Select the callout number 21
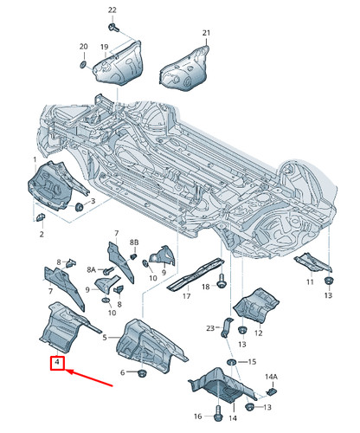click(206, 33)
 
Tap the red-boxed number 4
click(56, 362)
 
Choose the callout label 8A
click(92, 269)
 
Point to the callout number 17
click(185, 296)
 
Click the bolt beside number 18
click(223, 281)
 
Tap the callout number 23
click(210, 328)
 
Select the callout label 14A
click(272, 377)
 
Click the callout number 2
click(40, 235)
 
